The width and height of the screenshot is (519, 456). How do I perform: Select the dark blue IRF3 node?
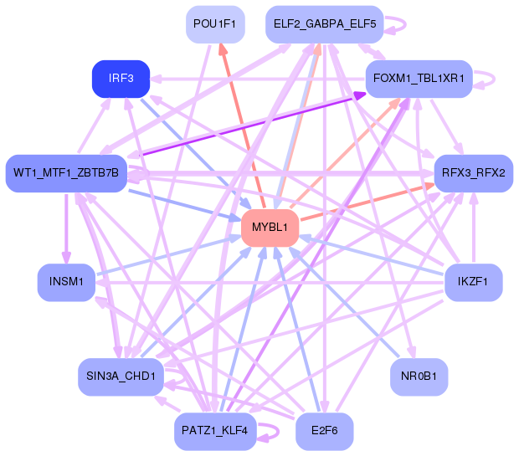(x=121, y=79)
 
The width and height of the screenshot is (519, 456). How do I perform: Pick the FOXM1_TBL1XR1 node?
(x=419, y=79)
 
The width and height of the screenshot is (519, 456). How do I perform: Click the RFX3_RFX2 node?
(x=473, y=173)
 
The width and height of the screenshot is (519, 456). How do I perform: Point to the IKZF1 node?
(x=473, y=282)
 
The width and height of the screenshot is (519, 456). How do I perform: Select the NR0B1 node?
(x=419, y=377)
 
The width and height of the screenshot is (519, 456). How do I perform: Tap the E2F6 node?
(x=324, y=431)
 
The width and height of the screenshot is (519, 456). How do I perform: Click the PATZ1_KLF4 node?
(x=214, y=431)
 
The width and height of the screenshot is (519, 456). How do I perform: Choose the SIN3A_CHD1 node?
(x=121, y=377)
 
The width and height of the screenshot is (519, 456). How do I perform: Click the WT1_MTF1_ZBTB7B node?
(x=66, y=173)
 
